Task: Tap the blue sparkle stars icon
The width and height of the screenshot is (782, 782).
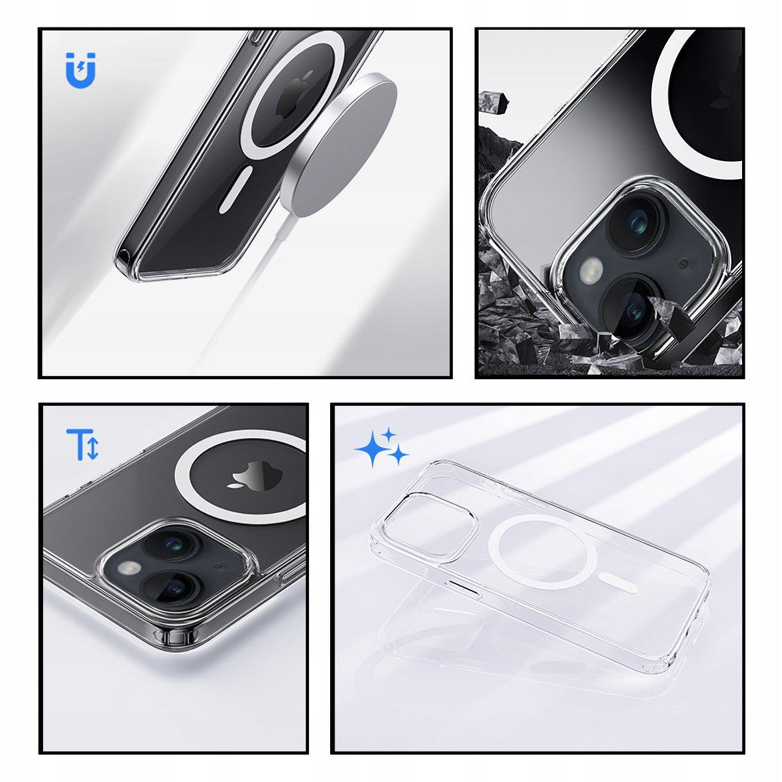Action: (x=382, y=448)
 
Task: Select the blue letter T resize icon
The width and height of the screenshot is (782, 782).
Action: (x=82, y=444)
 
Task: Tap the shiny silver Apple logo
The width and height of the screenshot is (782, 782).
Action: (x=249, y=475)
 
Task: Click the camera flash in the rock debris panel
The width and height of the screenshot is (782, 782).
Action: (x=592, y=272)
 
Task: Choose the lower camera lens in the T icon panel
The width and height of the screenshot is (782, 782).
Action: (x=174, y=588)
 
